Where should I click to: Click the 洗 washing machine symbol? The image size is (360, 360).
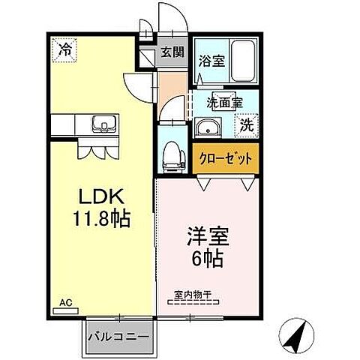(246, 127)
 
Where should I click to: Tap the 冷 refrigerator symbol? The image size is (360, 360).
(67, 51)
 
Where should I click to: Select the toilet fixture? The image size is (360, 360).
(171, 152)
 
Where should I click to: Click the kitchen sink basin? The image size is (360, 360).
(100, 124)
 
